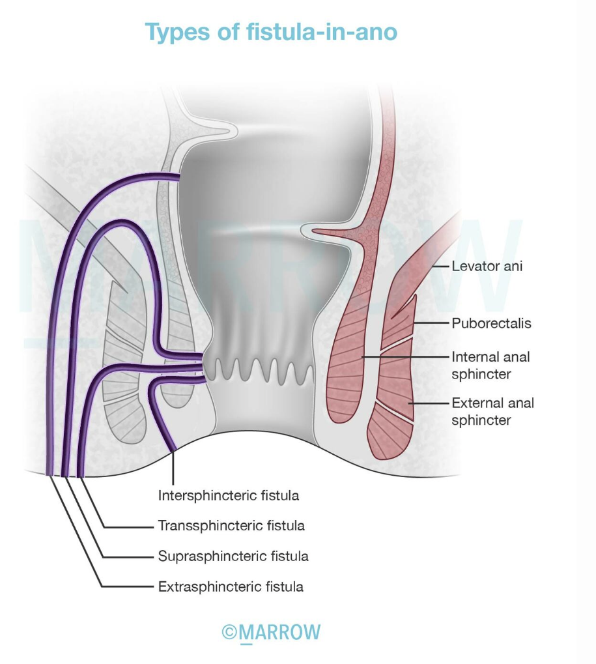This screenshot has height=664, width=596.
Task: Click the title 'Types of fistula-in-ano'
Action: pos(271,31)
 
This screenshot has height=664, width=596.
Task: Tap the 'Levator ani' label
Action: pos(487,266)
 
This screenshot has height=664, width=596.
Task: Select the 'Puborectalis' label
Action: pos(491,323)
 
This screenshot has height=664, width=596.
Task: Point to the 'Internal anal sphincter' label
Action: pos(490,365)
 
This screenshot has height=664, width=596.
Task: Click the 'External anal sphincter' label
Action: pos(492,411)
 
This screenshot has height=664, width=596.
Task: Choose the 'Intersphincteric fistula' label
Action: pos(229,495)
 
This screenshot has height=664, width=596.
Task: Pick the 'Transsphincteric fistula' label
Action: pos(231,525)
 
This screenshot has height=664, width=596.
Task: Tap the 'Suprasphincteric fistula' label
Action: pos(233,556)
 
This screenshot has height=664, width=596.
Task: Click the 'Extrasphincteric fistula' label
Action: pos(231,586)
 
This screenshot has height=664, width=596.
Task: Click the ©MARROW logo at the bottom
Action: pos(271,633)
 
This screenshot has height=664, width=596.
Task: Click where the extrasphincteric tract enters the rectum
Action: pos(179,176)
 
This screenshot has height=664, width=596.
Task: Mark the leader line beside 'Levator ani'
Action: pos(440,266)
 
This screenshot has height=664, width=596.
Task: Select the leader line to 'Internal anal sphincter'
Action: pos(404,357)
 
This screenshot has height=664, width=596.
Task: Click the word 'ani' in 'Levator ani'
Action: pos(513,266)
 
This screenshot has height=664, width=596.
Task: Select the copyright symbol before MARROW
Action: pos(229,633)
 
